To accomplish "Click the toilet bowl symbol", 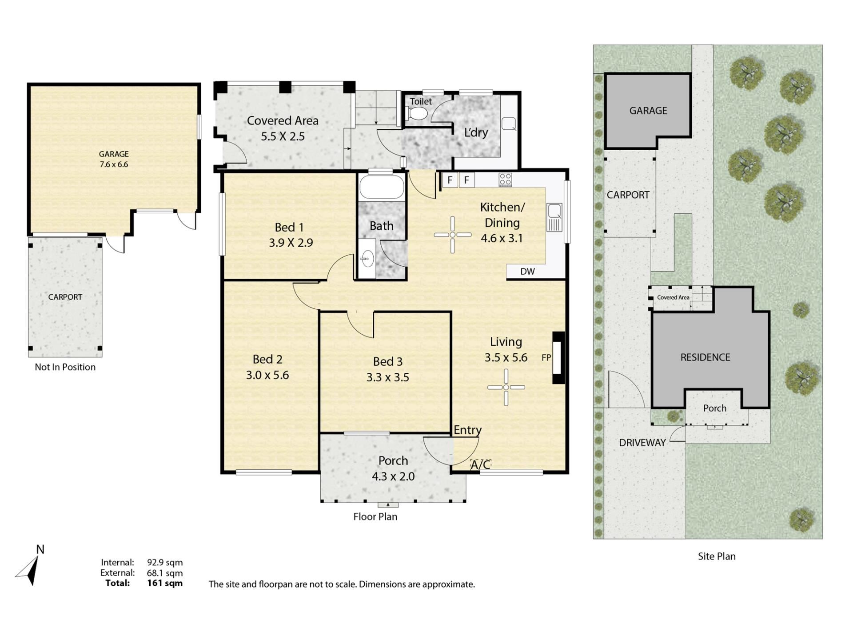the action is tap(417, 113).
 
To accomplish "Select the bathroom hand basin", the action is tap(367, 258).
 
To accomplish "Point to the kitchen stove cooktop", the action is tap(505, 180).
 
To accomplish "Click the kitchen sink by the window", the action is tap(554, 217).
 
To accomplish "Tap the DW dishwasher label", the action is tap(527, 272).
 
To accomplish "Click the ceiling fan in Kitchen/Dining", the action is tap(452, 235).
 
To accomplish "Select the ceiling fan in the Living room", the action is tap(506, 387).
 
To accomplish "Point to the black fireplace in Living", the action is tap(558, 358).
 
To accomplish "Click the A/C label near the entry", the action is tap(480, 465).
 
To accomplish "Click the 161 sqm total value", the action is tap(165, 583).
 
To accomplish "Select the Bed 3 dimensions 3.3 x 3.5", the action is tap(387, 377).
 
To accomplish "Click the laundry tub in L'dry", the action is tap(509, 124).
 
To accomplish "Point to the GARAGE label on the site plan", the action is tap(648, 111).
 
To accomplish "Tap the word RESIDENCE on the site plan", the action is tap(705, 357).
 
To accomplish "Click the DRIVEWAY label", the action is tap(642, 443).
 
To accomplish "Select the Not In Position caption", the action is tap(65, 367).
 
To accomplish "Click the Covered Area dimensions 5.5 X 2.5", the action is tap(283, 136).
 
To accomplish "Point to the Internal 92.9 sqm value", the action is tap(165, 563).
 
